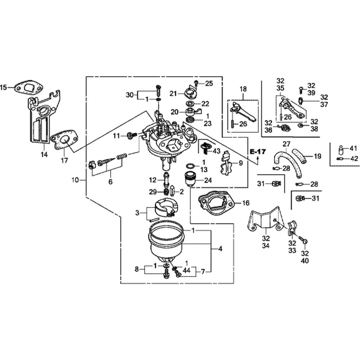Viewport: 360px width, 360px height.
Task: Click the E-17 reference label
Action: (x=258, y=152)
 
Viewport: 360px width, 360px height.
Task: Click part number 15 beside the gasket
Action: (x=4, y=87)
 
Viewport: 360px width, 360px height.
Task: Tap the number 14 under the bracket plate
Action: (x=44, y=154)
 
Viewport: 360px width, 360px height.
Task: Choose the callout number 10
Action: (x=75, y=180)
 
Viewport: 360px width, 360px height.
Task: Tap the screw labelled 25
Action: (x=196, y=84)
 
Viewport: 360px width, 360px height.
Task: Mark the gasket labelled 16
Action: (x=217, y=203)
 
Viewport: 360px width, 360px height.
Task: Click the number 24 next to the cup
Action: (x=208, y=180)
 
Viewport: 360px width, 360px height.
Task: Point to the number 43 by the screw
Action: (x=217, y=151)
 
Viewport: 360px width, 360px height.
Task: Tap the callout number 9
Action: (x=240, y=163)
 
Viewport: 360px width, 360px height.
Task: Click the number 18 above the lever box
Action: (x=243, y=89)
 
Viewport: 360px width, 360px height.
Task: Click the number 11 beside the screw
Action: (x=117, y=136)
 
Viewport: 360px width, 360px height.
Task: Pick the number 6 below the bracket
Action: (x=111, y=182)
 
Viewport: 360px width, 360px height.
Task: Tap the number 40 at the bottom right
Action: (x=305, y=261)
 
